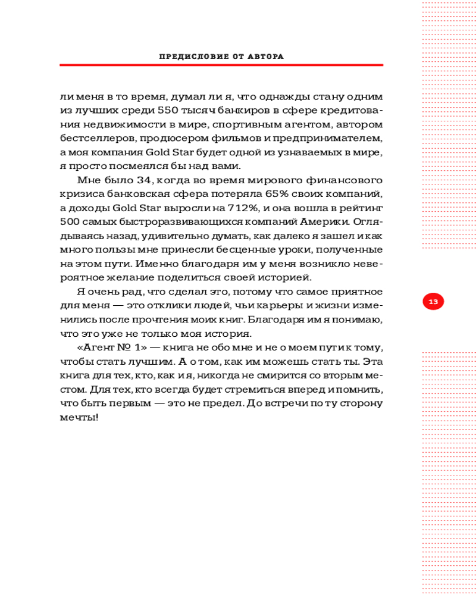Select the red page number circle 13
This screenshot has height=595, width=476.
tap(433, 302)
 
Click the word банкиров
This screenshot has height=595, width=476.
tap(243, 110)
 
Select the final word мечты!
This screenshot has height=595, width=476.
tap(79, 417)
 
